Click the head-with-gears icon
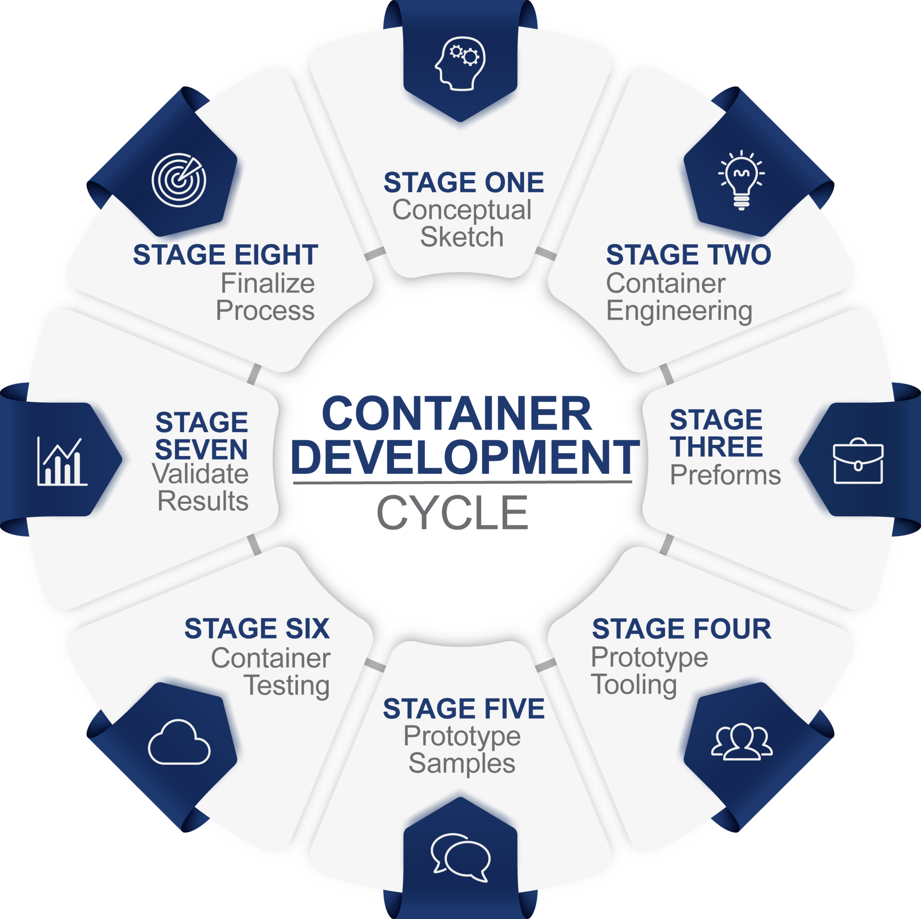460,64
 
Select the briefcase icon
858,461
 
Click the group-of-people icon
741,742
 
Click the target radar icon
179,180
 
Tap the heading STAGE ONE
463,182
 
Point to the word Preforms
725,475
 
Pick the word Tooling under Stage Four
634,685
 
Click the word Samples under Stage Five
461,763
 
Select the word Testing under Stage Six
286,686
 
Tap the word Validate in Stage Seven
200,474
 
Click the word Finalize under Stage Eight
268,284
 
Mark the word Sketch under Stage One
461,237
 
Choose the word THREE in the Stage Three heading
716,446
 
